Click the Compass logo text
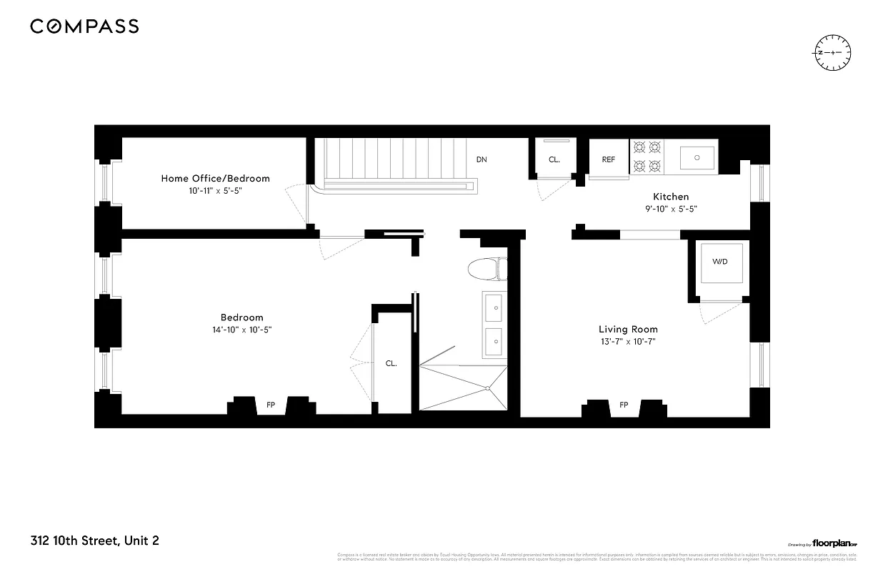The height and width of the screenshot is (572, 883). pos(84,26)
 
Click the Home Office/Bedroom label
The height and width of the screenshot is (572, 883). pos(215,178)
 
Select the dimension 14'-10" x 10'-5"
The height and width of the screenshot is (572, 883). pos(241,330)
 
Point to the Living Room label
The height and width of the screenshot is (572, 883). pos(628,329)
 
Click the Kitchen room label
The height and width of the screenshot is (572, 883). pos(671,197)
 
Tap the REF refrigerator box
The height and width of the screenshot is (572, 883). pos(609,159)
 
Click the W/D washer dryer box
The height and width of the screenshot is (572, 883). pos(719,262)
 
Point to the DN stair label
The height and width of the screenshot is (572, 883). pos(482,159)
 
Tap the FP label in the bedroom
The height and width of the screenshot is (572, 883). pos(271,405)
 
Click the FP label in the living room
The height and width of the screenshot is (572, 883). pos(624,405)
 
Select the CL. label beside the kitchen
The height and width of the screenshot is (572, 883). pos(554,159)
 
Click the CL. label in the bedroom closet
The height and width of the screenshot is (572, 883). pos(391,363)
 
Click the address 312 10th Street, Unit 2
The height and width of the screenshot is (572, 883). pos(94,541)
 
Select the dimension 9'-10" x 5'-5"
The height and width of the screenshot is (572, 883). pos(671,209)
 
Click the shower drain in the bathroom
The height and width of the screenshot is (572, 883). pos(489,388)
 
